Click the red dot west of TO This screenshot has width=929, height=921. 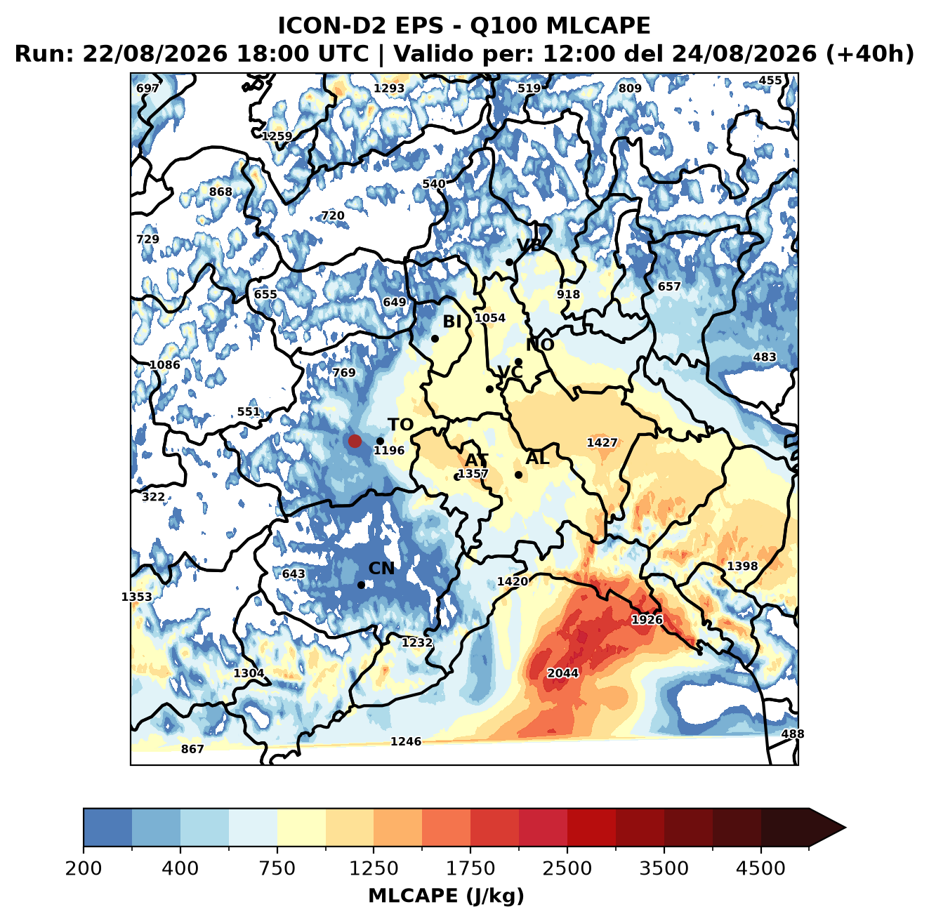point(355,441)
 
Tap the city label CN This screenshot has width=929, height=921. point(381,569)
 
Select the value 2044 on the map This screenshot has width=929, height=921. point(562,672)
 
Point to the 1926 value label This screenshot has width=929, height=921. point(647,620)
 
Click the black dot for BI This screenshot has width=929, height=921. point(435,339)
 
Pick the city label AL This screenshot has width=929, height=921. point(537,458)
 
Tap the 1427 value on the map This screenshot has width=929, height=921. point(602,442)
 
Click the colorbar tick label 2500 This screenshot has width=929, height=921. point(567,868)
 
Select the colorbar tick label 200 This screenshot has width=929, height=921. point(84,868)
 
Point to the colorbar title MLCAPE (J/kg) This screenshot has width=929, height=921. point(446,896)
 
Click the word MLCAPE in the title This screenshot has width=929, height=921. point(598,25)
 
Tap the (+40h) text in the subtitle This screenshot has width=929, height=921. point(869,53)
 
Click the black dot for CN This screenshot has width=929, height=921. point(361,585)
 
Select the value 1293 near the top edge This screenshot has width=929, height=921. point(389,88)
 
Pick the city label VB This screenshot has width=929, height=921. point(529,245)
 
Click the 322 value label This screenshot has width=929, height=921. point(153,496)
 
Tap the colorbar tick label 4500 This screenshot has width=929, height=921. point(760,868)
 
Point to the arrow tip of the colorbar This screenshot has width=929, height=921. point(845,828)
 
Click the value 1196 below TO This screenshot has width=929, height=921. point(389,450)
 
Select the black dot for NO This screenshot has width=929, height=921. point(518,362)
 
